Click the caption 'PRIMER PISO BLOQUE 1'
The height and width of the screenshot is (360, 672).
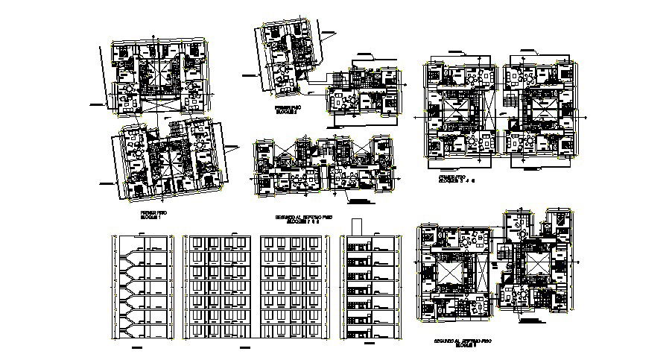[154, 215]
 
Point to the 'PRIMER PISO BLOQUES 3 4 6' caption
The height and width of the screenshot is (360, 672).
[456, 180]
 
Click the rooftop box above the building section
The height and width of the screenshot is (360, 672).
[355, 226]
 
